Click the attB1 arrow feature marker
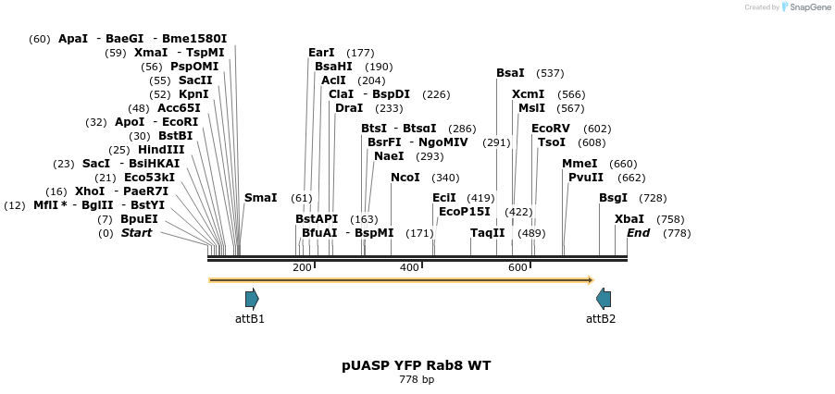(252, 299)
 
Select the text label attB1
(250, 319)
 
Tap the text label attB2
(601, 319)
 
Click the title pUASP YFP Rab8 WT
(417, 365)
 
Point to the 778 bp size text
(417, 380)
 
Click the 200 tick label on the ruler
(302, 267)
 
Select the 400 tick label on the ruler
(409, 267)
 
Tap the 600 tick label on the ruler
(517, 267)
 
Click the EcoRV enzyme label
(551, 129)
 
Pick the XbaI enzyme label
(629, 219)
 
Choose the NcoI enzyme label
(405, 178)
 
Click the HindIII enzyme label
(161, 150)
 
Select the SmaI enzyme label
(260, 198)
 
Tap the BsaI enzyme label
(510, 73)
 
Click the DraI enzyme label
(349, 108)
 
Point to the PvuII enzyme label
(586, 178)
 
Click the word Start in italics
(136, 233)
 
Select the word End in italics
(639, 233)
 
